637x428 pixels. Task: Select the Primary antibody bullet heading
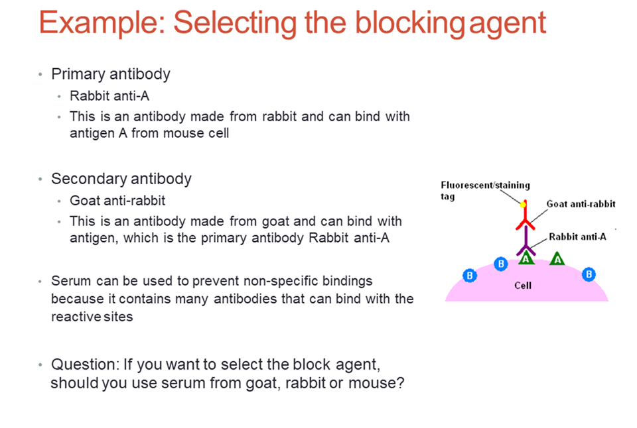[111, 74]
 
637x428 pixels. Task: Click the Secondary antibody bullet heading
[121, 179]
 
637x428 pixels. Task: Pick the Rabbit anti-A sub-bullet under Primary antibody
[109, 96]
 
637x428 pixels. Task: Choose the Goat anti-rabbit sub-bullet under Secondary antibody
[117, 201]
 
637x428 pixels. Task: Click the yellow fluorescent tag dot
[523, 204]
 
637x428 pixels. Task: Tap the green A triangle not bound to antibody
[557, 258]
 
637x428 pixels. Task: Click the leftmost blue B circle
[470, 275]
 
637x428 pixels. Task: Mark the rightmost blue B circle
[588, 275]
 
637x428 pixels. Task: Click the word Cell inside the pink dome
[523, 286]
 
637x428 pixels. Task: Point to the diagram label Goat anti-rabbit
[581, 204]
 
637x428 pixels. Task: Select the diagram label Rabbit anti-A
[577, 237]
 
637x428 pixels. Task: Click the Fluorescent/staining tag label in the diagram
[484, 186]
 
